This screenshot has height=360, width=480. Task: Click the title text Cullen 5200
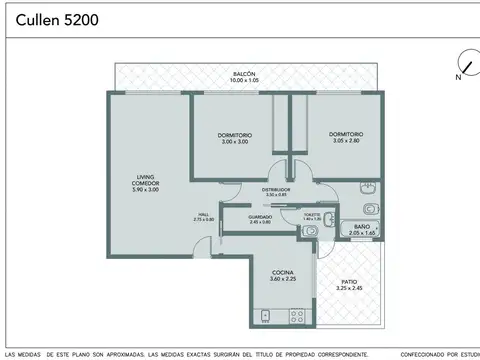(x=57, y=19)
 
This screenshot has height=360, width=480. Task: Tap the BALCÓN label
(x=245, y=74)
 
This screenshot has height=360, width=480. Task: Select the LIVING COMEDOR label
(x=147, y=182)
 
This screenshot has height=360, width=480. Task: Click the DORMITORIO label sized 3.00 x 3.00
(x=234, y=134)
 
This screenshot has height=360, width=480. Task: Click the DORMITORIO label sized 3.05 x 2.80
(x=346, y=134)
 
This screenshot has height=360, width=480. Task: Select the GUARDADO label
(x=260, y=216)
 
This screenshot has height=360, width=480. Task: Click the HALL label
(x=203, y=214)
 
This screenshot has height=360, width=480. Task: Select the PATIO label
(x=349, y=282)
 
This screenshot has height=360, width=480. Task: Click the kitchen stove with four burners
(x=296, y=316)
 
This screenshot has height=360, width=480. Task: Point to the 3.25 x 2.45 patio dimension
(x=349, y=289)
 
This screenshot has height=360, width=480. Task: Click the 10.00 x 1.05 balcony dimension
(x=245, y=81)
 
